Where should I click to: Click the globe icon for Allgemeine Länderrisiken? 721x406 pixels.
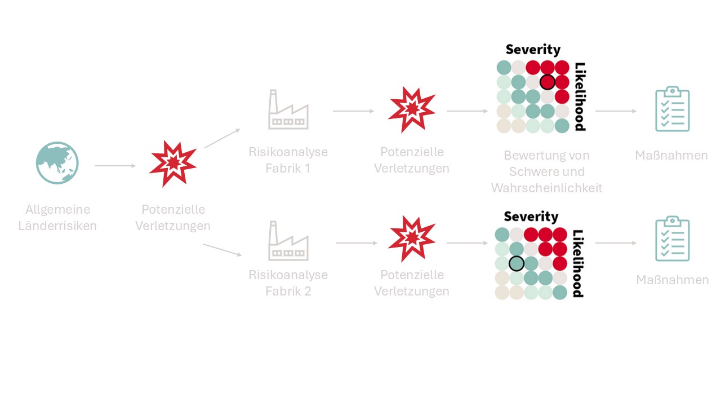click(57, 163)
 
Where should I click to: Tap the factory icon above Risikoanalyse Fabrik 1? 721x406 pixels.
click(288, 110)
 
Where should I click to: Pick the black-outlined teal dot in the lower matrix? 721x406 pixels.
click(517, 263)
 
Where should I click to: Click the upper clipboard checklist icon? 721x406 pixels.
click(672, 109)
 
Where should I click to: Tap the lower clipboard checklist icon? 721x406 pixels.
click(672, 239)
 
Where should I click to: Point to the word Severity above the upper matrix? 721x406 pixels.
click(533, 50)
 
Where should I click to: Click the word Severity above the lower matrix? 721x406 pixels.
click(531, 217)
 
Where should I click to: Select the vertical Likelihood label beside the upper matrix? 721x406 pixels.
click(580, 96)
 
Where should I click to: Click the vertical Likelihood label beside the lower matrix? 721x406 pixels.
click(578, 263)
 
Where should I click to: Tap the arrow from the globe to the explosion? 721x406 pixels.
click(115, 166)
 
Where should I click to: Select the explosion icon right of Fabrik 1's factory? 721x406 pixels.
click(412, 108)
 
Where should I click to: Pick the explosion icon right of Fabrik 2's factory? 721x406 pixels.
click(412, 239)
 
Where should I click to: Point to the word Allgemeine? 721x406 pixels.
click(57, 210)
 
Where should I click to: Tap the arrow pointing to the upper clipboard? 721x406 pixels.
click(616, 111)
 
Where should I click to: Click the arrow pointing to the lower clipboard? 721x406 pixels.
click(616, 243)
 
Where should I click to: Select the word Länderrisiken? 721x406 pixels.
click(57, 226)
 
